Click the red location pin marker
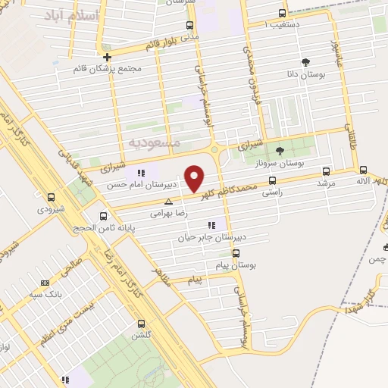pyautogui.click(x=195, y=178)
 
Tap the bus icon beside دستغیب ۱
pyautogui.click(x=283, y=13)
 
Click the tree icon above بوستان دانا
pyautogui.click(x=305, y=62)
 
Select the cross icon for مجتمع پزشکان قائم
pyautogui.click(x=108, y=57)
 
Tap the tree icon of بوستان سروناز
pyautogui.click(x=279, y=150)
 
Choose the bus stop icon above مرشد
pyautogui.click(x=327, y=171)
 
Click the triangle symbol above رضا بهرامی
pyautogui.click(x=168, y=202)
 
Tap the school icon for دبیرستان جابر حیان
pyautogui.click(x=211, y=225)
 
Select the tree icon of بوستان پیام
pyautogui.click(x=236, y=253)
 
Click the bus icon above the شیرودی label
pyautogui.click(x=51, y=197)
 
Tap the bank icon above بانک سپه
pyautogui.click(x=45, y=279)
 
